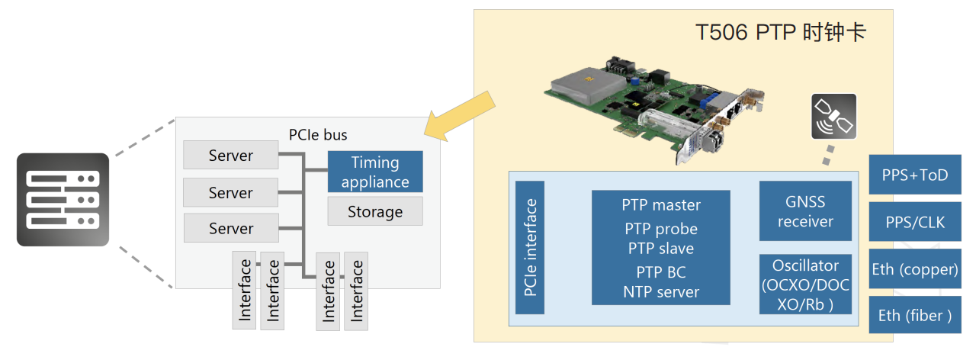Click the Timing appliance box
click(375, 172)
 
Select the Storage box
click(375, 211)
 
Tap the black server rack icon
click(63, 200)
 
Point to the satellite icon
click(833, 116)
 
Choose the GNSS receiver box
click(805, 211)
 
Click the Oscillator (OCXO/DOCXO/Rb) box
click(805, 284)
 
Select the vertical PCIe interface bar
click(530, 247)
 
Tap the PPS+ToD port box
click(915, 175)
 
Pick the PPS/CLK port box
click(915, 222)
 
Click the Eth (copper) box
click(915, 268)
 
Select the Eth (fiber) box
click(915, 315)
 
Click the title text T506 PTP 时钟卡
click(781, 33)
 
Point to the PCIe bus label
click(318, 135)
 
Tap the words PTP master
click(661, 204)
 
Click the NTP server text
click(661, 291)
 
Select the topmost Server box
click(230, 156)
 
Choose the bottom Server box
click(230, 228)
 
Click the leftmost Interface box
click(245, 291)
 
